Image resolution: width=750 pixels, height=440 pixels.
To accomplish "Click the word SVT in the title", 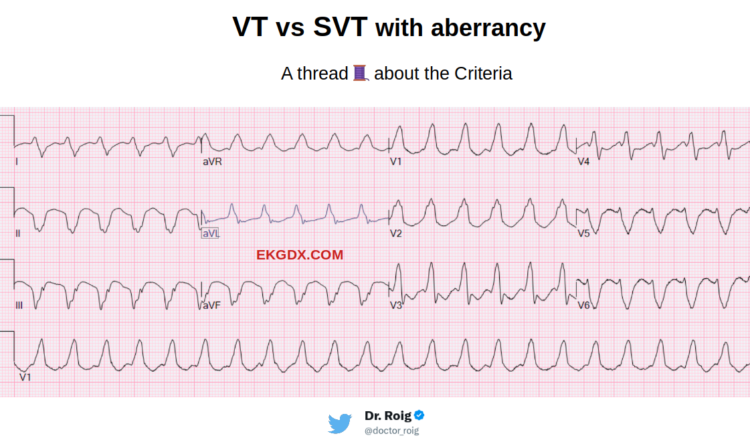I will coord(341,27).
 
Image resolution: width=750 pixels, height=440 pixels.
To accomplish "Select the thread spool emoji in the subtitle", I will coord(361,73).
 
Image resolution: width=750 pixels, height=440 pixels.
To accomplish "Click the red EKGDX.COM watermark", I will coord(299,255).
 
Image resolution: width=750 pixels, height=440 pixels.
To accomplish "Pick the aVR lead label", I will coord(212,162).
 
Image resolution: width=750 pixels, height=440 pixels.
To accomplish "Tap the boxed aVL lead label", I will coord(210,233).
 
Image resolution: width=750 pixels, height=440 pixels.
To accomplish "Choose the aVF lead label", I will coord(211,305).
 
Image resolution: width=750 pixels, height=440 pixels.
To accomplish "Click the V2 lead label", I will coord(396,233).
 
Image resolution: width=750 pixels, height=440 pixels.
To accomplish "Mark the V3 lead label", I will coord(396,306).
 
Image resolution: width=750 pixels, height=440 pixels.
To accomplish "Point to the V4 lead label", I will coord(584,162).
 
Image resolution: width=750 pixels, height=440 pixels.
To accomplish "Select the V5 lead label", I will coord(584,233).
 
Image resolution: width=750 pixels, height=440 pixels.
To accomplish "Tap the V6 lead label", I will coord(584,306).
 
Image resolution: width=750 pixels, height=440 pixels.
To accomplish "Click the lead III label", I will coord(19,306).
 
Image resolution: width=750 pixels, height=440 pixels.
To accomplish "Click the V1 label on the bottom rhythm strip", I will coord(25,377).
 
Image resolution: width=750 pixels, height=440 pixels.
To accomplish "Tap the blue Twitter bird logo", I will coord(340,423).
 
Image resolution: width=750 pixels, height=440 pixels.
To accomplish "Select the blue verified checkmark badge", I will coord(419,415).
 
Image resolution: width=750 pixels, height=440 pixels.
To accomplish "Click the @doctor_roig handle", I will coord(391,431).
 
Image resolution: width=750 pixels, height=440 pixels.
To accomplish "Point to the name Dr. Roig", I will coord(388,415).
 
